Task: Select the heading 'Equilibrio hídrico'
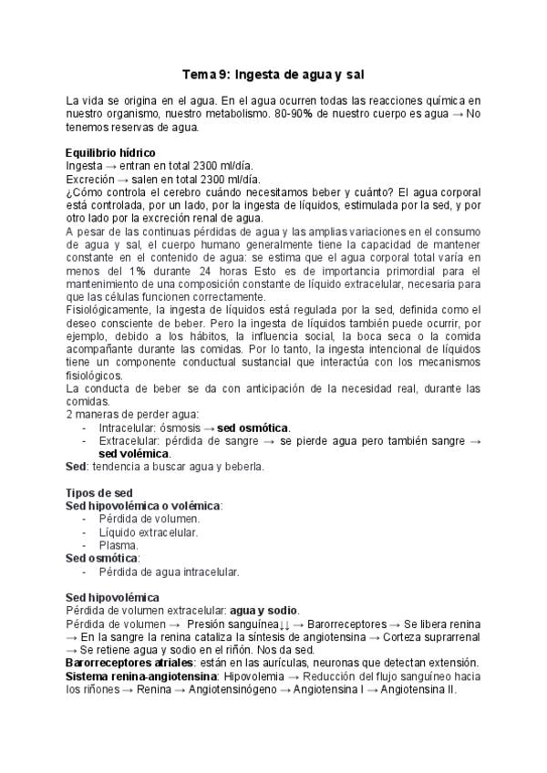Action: [x=110, y=152]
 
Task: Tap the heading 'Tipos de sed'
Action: [x=99, y=492]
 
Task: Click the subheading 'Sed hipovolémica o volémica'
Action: [x=143, y=505]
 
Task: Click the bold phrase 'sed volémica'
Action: [x=134, y=453]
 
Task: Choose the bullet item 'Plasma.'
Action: [x=119, y=545]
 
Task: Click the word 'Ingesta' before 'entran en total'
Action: [x=85, y=166]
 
